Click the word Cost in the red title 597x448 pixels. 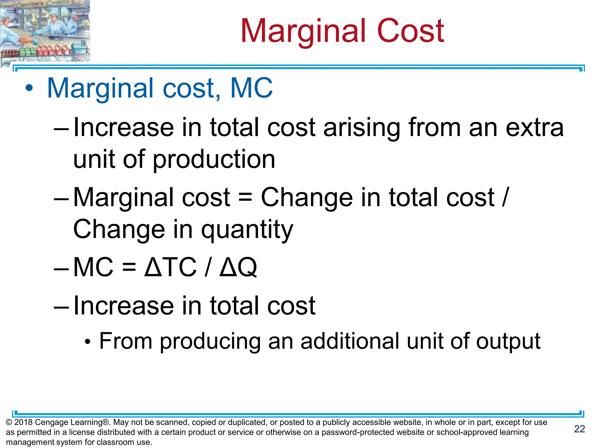point(410,31)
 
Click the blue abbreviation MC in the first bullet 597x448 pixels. point(251,88)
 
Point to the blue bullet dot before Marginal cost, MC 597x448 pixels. point(29,88)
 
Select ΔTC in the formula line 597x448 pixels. point(171,267)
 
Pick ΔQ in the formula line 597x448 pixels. point(238,267)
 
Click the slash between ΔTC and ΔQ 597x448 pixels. point(208,267)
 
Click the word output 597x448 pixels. point(508,341)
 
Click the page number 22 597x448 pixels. point(580,429)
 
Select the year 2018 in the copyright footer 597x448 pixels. point(23,422)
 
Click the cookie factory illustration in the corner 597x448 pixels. point(45,31)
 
